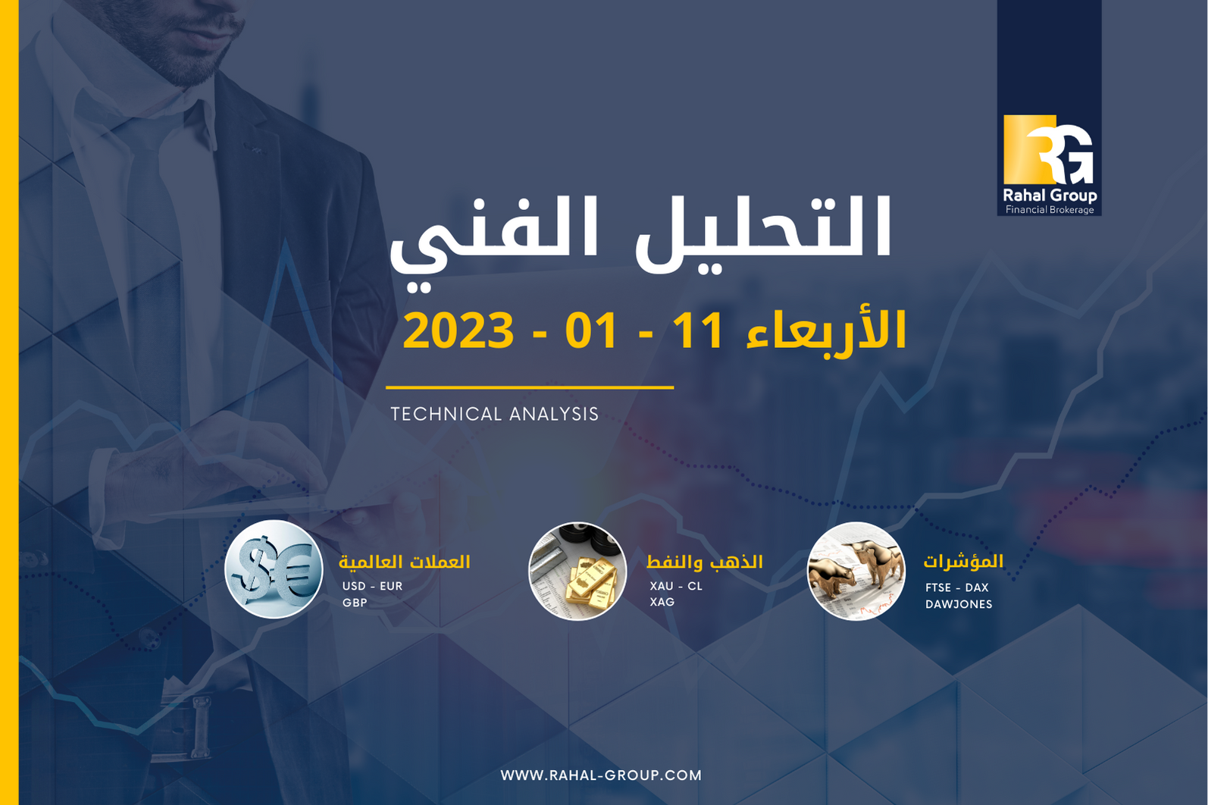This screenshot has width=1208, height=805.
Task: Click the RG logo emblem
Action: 1048,149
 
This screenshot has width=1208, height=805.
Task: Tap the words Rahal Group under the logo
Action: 1050,196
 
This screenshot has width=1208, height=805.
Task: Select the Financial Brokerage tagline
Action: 1050,210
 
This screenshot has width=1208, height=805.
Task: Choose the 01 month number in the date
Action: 590,330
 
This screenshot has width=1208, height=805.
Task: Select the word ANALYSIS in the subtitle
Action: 554,414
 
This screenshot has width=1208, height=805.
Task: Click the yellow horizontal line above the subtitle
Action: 530,387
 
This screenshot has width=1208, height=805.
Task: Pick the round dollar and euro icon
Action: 274,569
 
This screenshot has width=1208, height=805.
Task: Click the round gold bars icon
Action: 577,571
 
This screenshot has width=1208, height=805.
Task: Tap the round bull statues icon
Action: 856,571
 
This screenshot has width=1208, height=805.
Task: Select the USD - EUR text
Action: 372,586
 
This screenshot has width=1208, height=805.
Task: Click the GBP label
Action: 355,603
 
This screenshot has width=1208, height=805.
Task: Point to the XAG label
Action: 662,602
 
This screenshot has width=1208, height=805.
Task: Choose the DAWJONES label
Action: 959,604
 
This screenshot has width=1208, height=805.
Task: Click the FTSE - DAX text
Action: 956,587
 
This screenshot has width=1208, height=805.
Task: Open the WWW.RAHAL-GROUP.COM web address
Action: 601,775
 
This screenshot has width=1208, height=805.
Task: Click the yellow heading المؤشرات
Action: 963,562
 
